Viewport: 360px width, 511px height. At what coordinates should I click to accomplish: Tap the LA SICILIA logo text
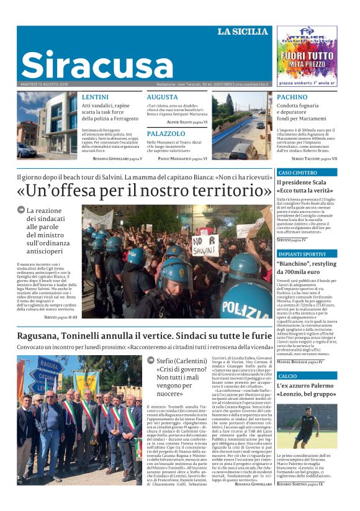click(x=243, y=32)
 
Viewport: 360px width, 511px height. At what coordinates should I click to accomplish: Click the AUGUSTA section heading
click(x=162, y=97)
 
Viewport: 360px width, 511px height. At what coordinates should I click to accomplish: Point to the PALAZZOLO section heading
click(x=166, y=133)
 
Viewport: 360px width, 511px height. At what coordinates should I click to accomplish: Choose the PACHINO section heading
click(x=292, y=97)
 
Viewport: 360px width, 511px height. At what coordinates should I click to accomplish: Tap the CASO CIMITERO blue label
click(x=298, y=172)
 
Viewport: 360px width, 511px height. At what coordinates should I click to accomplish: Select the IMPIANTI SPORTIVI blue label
click(x=302, y=254)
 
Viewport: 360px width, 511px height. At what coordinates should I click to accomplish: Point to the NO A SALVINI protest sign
click(x=205, y=244)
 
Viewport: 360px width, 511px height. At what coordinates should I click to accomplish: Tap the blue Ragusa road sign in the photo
click(x=50, y=364)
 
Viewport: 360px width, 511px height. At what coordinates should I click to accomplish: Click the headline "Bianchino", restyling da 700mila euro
click(x=306, y=268)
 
